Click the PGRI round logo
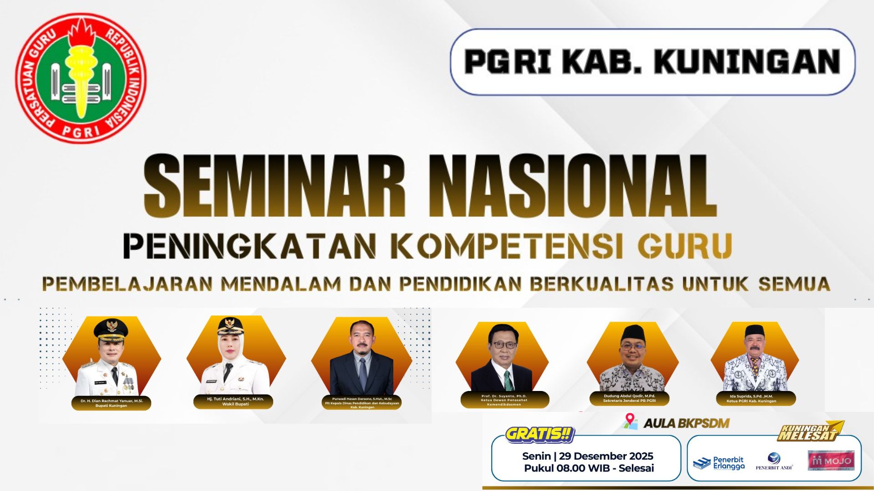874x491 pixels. pyautogui.click(x=81, y=78)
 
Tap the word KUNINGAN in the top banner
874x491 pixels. pyautogui.click(x=747, y=62)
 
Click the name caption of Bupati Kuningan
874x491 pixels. pyautogui.click(x=112, y=403)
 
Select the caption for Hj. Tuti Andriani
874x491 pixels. pyautogui.click(x=235, y=401)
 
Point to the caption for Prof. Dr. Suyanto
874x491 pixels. pyautogui.click(x=504, y=400)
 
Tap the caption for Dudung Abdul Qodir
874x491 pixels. pyautogui.click(x=629, y=398)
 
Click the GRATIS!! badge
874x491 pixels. pyautogui.click(x=539, y=434)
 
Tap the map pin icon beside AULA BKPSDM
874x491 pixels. pyautogui.click(x=630, y=421)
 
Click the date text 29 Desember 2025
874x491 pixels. pyautogui.click(x=606, y=456)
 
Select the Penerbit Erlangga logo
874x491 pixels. pyautogui.click(x=719, y=463)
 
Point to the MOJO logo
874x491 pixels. pyautogui.click(x=831, y=461)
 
